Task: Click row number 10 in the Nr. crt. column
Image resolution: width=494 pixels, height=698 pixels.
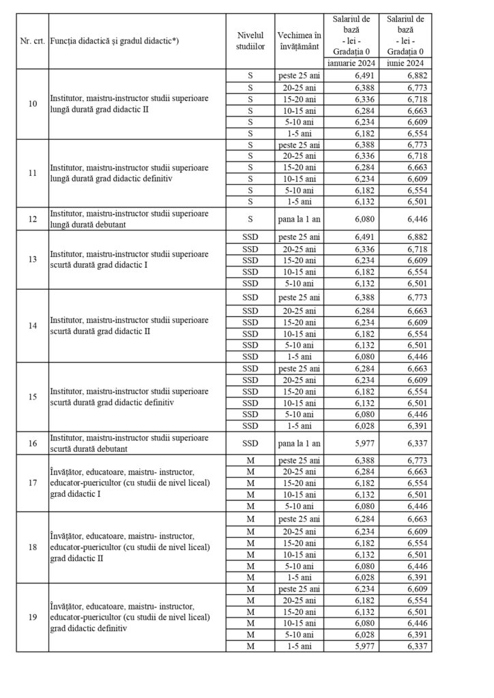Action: pyautogui.click(x=32, y=104)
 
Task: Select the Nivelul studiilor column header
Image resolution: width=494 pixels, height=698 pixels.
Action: pyautogui.click(x=250, y=40)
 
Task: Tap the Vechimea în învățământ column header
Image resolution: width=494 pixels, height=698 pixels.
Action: pyautogui.click(x=298, y=40)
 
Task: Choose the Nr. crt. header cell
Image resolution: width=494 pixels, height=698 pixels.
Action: pyautogui.click(x=32, y=40)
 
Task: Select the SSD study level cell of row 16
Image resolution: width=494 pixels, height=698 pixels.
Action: pyautogui.click(x=250, y=443)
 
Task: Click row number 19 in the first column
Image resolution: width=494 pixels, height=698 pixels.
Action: pyautogui.click(x=32, y=618)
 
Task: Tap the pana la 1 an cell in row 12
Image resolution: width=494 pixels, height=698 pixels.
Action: pyautogui.click(x=298, y=219)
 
